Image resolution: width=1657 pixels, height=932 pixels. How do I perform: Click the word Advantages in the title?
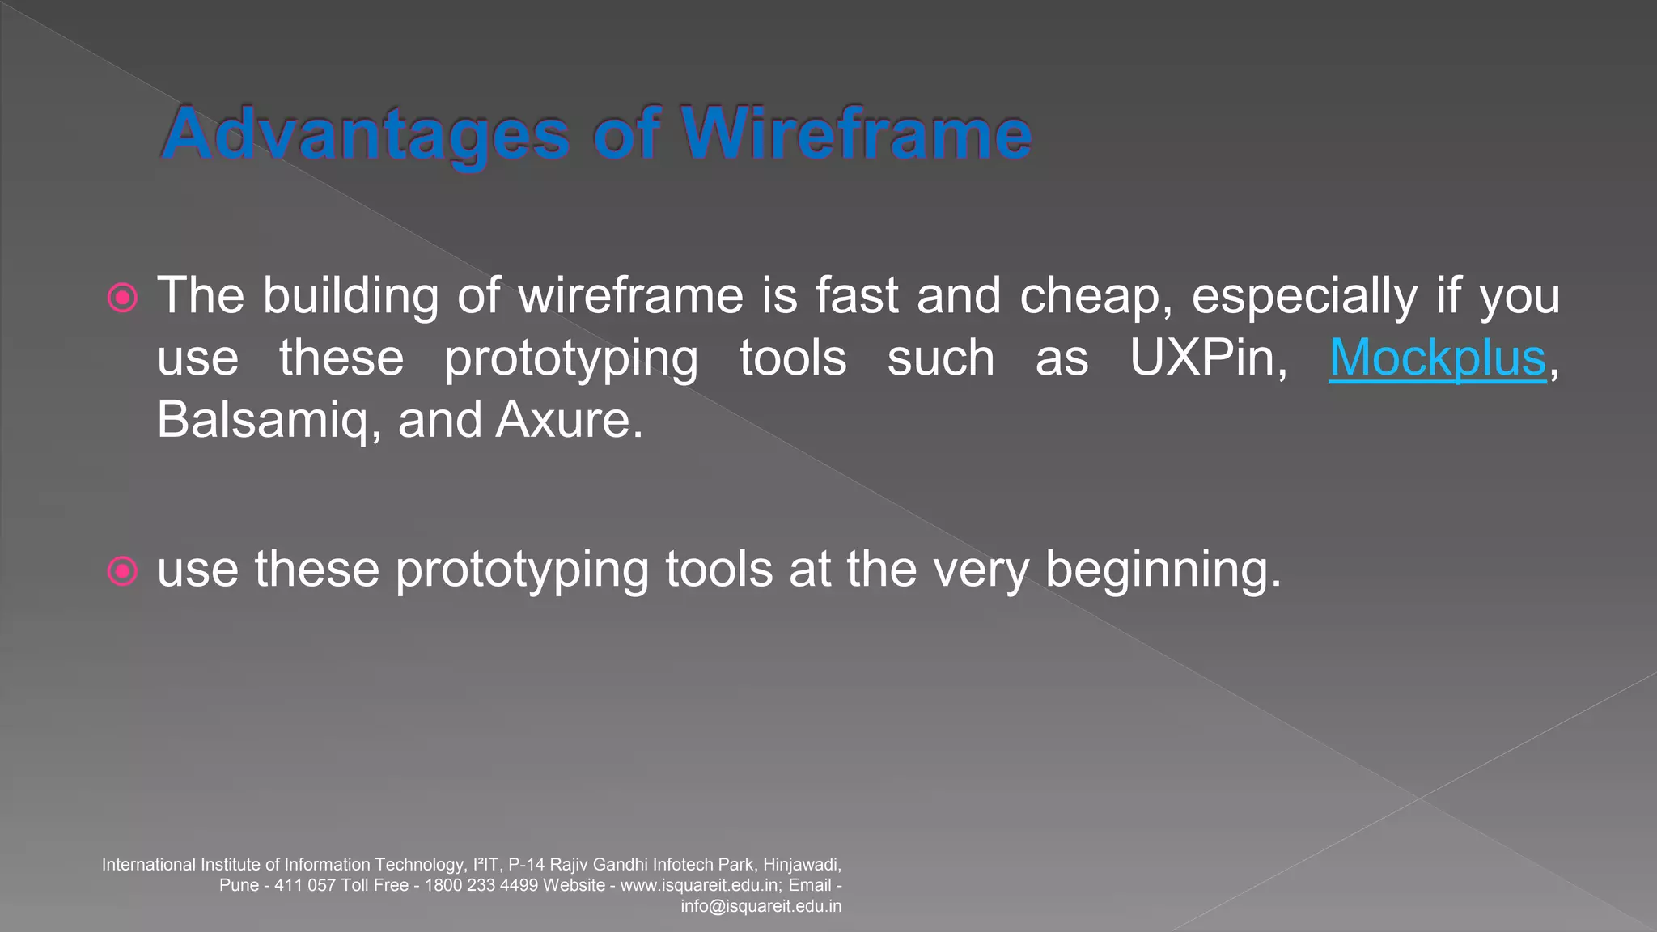click(x=367, y=133)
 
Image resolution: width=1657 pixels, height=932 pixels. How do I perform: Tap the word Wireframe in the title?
click(x=856, y=133)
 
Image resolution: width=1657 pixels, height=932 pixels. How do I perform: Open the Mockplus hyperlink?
click(x=1437, y=358)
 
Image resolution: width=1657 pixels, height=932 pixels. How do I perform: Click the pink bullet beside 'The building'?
click(x=122, y=298)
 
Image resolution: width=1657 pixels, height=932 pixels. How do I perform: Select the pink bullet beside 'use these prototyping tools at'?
click(x=122, y=571)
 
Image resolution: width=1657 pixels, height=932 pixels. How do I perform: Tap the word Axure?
click(x=570, y=420)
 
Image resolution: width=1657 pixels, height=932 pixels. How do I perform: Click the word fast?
click(x=857, y=295)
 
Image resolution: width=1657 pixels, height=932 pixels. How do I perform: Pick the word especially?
click(x=1304, y=295)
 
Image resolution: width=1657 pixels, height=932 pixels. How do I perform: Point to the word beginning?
click(x=1163, y=570)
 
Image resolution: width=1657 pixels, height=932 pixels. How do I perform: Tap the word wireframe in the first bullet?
click(x=630, y=295)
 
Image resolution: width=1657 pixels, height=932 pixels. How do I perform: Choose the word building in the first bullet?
click(x=350, y=295)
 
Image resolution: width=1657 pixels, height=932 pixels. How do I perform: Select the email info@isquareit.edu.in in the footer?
click(x=761, y=906)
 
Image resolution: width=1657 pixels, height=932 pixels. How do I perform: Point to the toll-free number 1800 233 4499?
click(x=481, y=885)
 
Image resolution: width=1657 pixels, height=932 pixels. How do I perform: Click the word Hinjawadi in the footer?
click(x=801, y=865)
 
